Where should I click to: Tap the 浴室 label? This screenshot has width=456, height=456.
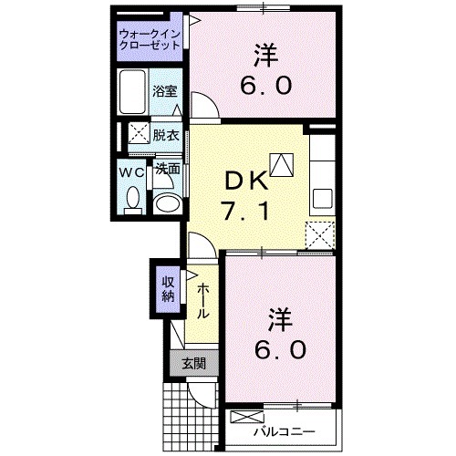pyautogui.click(x=166, y=92)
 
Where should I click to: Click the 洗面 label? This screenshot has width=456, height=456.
pyautogui.click(x=166, y=169)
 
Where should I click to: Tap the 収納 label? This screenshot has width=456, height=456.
pyautogui.click(x=168, y=288)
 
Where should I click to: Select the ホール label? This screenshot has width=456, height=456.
pyautogui.click(x=202, y=298)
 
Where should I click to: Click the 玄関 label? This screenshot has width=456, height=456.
pyautogui.click(x=192, y=364)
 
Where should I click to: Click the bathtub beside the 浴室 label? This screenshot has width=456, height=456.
pyautogui.click(x=133, y=91)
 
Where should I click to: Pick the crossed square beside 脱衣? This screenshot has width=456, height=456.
pyautogui.click(x=139, y=132)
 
